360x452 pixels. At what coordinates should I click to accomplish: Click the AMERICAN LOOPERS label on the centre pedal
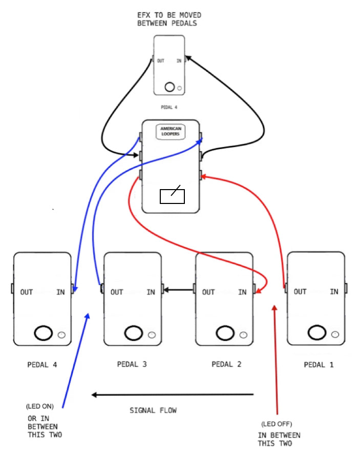[172, 132]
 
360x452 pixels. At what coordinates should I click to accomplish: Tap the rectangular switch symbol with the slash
[172, 196]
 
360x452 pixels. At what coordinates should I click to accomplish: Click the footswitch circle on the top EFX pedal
[170, 87]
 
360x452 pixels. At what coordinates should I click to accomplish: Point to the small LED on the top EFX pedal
[179, 88]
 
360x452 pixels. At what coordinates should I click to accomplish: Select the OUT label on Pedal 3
[117, 292]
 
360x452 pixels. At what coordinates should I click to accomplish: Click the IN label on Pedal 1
[334, 292]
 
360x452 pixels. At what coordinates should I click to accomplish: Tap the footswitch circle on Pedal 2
[225, 333]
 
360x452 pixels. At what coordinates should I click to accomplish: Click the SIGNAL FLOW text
[153, 410]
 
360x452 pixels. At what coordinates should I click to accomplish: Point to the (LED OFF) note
[277, 424]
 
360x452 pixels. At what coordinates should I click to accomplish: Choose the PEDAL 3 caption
[132, 364]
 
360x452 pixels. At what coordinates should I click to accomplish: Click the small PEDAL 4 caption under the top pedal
[168, 108]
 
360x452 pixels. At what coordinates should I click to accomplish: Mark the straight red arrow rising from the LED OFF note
[276, 359]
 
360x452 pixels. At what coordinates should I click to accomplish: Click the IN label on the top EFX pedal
[179, 61]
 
